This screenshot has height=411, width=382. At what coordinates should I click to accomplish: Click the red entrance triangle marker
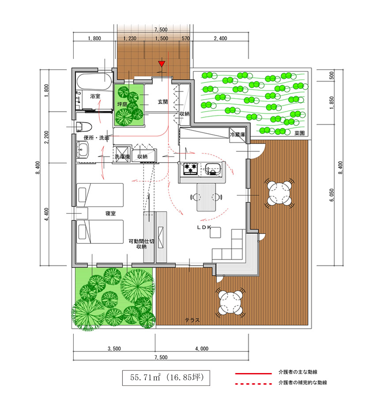pyautogui.click(x=162, y=64)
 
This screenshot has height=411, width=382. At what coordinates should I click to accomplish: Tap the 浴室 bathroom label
pyautogui.click(x=95, y=96)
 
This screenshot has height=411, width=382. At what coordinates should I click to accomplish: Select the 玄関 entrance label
pyautogui.click(x=163, y=102)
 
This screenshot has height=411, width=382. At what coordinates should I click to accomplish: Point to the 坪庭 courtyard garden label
pyautogui.click(x=122, y=104)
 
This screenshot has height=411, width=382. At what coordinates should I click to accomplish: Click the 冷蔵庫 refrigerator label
pyautogui.click(x=238, y=135)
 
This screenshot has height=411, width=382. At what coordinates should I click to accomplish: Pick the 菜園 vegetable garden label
pyautogui.click(x=299, y=133)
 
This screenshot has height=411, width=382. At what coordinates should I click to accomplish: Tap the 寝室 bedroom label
pyautogui.click(x=110, y=213)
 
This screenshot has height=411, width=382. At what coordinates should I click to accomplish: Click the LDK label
pyautogui.click(x=204, y=227)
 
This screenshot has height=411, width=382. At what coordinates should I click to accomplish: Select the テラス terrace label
pyautogui.click(x=192, y=320)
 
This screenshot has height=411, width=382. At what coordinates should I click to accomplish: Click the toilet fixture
pyautogui.click(x=84, y=127)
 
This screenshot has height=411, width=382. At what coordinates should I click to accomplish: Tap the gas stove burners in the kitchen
pyautogui.click(x=190, y=169)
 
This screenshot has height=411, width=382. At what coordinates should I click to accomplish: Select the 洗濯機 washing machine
pyautogui.click(x=122, y=154)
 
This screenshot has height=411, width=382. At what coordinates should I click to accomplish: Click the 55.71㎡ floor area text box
pyautogui.click(x=166, y=378)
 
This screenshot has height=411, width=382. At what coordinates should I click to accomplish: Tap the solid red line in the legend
pyautogui.click(x=253, y=373)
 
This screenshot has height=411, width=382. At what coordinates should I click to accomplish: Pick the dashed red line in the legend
pyautogui.click(x=253, y=384)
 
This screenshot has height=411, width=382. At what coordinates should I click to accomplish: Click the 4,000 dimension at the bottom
pyautogui.click(x=202, y=349)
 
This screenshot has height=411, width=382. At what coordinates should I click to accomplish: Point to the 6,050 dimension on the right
pyautogui.click(x=332, y=195)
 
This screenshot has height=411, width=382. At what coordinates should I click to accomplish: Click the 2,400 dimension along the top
pyautogui.click(x=220, y=38)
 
